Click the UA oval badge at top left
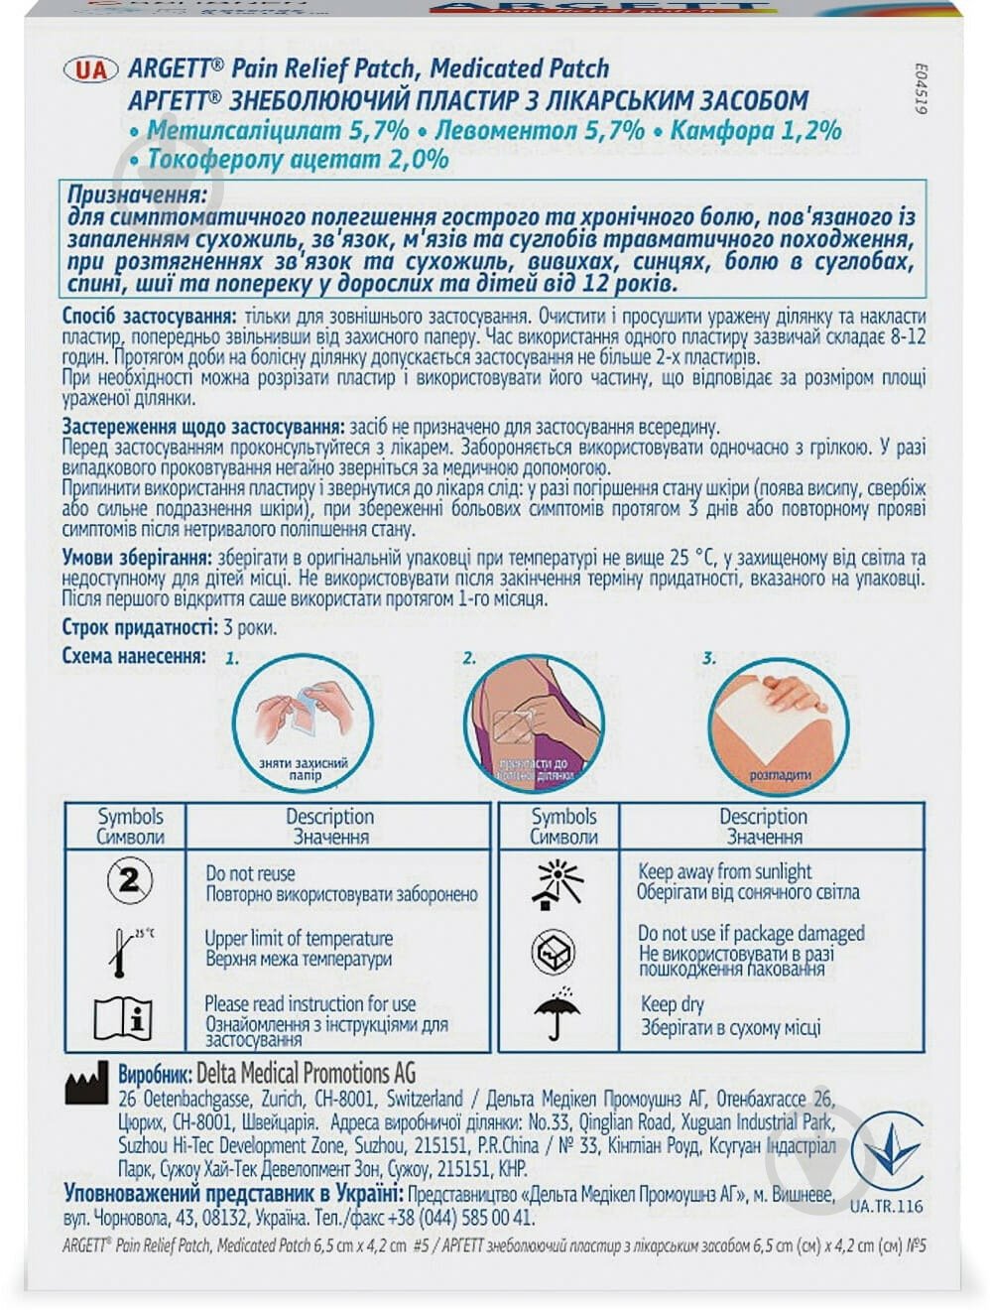tap(91, 69)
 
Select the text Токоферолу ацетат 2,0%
tap(298, 159)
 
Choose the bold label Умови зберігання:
tap(136, 556)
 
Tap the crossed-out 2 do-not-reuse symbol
tap(130, 880)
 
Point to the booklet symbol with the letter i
tap(123, 1018)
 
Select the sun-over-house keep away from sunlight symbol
tap(559, 883)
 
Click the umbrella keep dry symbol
tap(557, 1012)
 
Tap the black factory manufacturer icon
tap(86, 1083)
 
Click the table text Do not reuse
tap(250, 873)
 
